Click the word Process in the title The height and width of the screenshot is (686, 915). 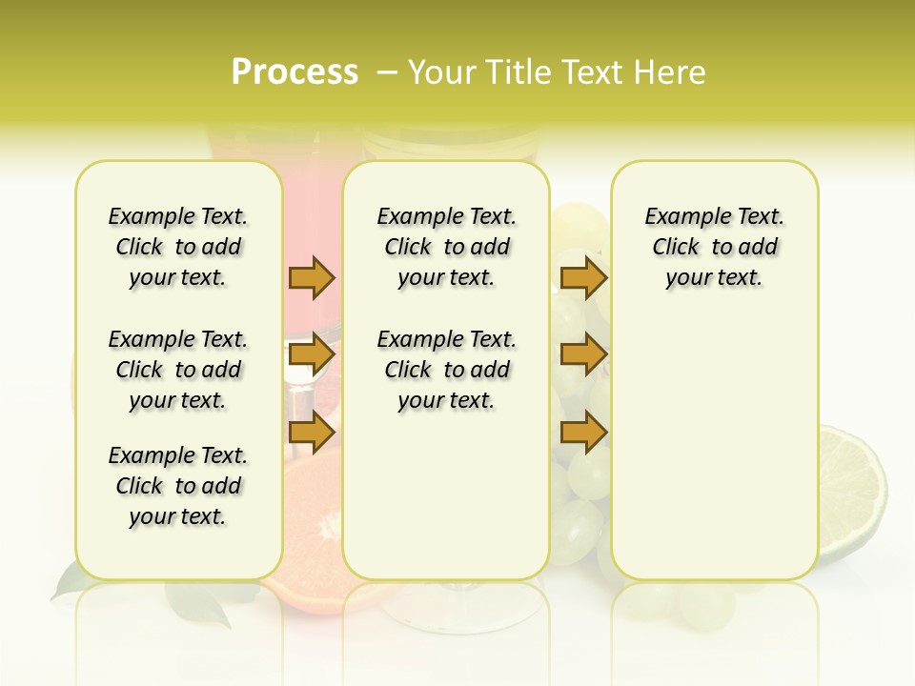point(295,72)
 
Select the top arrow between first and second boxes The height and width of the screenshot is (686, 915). point(312,277)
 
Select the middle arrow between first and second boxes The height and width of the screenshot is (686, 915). point(312,355)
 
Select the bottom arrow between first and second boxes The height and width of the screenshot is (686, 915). point(312,433)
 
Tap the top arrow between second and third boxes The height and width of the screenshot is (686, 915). point(583,277)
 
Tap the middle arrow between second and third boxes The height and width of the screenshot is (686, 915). point(583,355)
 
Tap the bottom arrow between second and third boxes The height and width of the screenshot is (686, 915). point(583,433)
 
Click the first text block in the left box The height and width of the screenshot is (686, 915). point(178,247)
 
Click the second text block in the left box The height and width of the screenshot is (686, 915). point(178,370)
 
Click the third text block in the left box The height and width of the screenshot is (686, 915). point(178,486)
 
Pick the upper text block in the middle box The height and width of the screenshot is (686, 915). point(446,247)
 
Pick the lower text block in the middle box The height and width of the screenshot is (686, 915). point(446,370)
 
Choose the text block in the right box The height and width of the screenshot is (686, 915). point(714,247)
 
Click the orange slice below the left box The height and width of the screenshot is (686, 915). point(315,534)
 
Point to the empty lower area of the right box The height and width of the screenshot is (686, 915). point(714,457)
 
